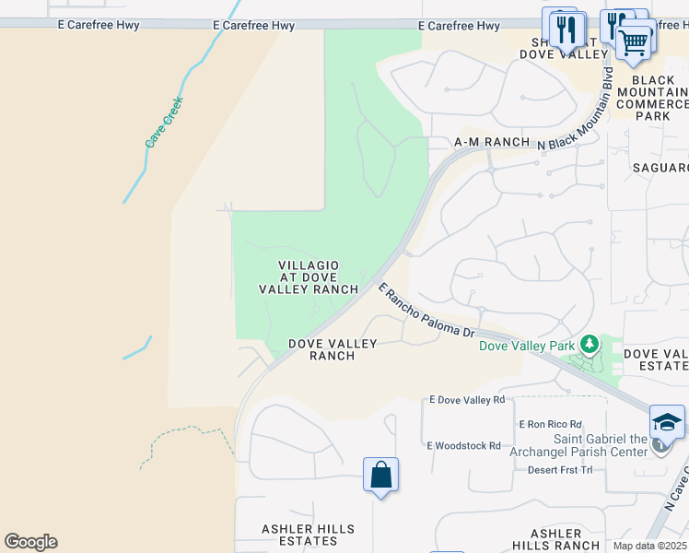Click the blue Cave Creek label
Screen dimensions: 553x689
[x=165, y=122]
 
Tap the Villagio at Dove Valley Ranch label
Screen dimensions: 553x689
[x=309, y=277]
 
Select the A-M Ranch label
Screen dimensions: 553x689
[x=492, y=143]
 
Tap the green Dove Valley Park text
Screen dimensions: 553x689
[x=527, y=347]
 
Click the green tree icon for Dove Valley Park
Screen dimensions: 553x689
[x=589, y=346]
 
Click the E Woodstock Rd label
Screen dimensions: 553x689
[x=463, y=445]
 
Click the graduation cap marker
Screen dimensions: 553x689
[x=667, y=422]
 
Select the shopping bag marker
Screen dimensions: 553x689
[x=380, y=476]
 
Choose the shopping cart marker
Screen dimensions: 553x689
[x=634, y=41]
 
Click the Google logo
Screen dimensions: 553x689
[x=30, y=542]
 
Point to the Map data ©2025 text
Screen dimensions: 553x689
[x=648, y=546]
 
